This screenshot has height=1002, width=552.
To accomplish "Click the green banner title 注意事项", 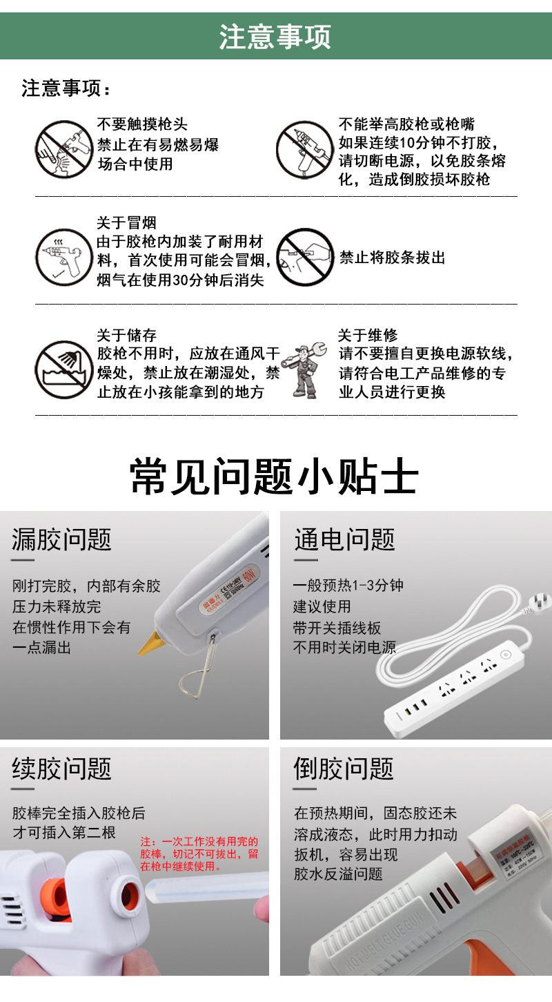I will click(x=275, y=37).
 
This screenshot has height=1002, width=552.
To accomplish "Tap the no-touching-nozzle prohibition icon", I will click(x=63, y=149).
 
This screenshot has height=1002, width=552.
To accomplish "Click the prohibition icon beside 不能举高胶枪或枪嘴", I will click(x=304, y=149).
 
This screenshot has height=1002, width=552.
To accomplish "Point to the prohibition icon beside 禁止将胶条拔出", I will click(x=304, y=257).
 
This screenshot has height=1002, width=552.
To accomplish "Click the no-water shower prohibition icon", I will click(x=63, y=369).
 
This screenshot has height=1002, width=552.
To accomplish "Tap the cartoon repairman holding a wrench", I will click(x=304, y=369).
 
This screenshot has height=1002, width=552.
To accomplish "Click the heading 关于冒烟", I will click(x=126, y=223).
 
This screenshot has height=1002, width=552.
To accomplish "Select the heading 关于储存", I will click(x=126, y=336).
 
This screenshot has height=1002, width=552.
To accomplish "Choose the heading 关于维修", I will click(x=368, y=336).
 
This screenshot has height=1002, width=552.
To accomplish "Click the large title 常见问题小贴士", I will click(x=275, y=477).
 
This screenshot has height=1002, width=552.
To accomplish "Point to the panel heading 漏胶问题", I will click(x=62, y=540).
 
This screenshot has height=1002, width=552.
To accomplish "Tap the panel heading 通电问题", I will click(x=344, y=540).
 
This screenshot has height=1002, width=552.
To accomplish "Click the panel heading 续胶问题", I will click(x=62, y=769).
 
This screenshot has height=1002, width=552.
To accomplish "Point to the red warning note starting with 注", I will click(x=199, y=854).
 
